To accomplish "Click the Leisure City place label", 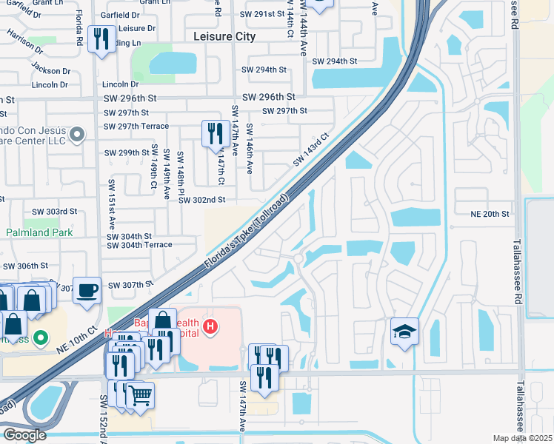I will tap(224, 36).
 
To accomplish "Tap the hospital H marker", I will tap(211, 326).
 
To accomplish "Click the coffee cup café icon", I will tap(87, 289).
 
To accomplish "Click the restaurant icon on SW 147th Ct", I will tap(216, 133).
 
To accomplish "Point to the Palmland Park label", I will tap(39, 232).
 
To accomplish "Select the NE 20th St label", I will tap(490, 214).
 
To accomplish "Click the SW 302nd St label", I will tap(201, 200).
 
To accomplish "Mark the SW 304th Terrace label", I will tap(139, 245).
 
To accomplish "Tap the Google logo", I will tap(24, 434).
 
